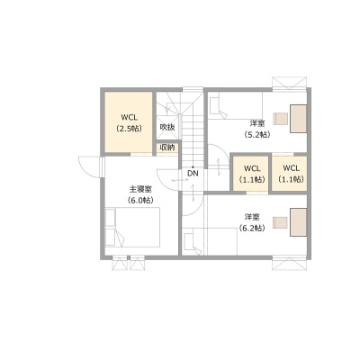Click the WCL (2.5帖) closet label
pyautogui.click(x=129, y=123)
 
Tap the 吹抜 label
pyautogui.click(x=167, y=127)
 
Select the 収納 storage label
pyautogui.click(x=167, y=148)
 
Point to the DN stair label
pyautogui.click(x=193, y=174)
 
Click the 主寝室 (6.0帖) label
pyautogui.click(x=140, y=194)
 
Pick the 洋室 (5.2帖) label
pyautogui.click(x=257, y=129)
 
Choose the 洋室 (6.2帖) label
pyautogui.click(x=252, y=222)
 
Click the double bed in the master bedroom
pyautogui.click(x=132, y=227)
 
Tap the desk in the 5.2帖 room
pyautogui.click(x=298, y=119)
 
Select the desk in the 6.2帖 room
pyautogui.click(x=298, y=222)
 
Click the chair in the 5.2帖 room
pyautogui.click(x=280, y=119)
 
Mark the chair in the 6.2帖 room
pyautogui.click(x=280, y=222)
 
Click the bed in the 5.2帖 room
pyautogui.click(x=236, y=106)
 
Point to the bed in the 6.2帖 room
pyautogui.click(x=210, y=241)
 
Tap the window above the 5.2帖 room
pyautogui.click(x=289, y=83)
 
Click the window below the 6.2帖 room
pyautogui.click(x=289, y=264)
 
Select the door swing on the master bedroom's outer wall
pyautogui.click(x=89, y=166)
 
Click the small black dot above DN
pyautogui.click(x=193, y=167)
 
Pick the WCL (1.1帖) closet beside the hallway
pyautogui.click(x=251, y=174)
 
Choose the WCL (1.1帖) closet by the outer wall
pyautogui.click(x=290, y=174)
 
